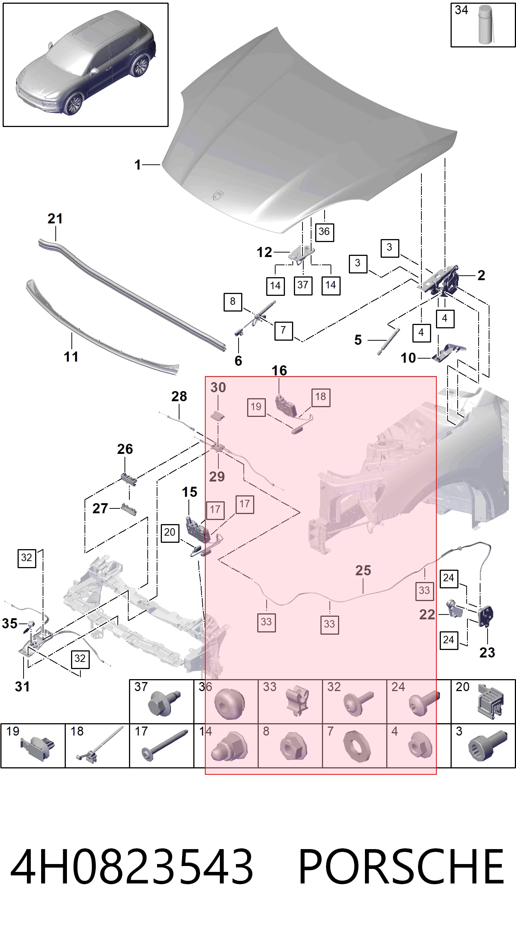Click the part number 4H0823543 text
coord(132,866)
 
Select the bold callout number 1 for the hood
coord(138,165)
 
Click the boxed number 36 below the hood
coord(324,232)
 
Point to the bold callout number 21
coord(55,219)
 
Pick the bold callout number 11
coord(71,357)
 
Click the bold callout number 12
coord(264,253)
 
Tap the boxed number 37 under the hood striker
coord(303,285)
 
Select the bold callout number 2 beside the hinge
coord(481,276)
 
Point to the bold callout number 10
coord(408,358)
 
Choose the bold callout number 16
coord(279,371)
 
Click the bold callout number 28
coord(179,396)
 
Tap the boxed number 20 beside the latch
coord(170,533)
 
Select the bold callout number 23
coord(487,653)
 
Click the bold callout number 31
coord(22,687)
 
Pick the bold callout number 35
coord(10,623)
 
